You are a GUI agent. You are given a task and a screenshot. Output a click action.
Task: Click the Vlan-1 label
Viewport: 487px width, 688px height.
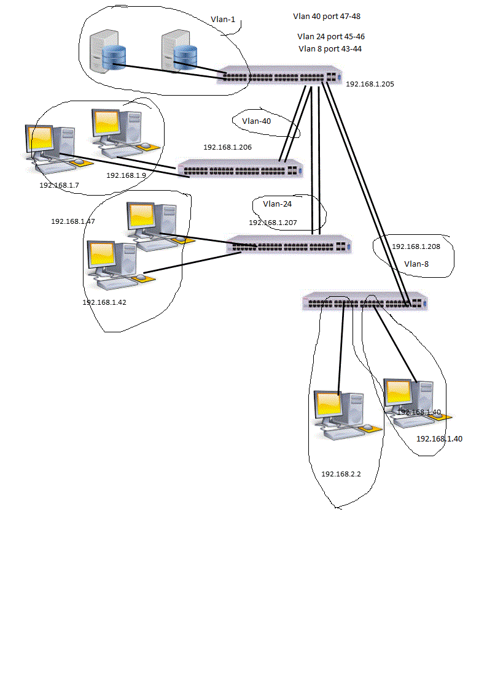[x=223, y=20]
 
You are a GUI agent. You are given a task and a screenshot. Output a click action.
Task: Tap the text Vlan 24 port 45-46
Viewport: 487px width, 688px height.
[x=331, y=37]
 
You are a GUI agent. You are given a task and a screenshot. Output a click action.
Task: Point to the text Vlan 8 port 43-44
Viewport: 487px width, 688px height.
[x=330, y=49]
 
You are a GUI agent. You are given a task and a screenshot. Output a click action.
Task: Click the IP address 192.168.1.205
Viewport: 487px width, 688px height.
[x=370, y=84]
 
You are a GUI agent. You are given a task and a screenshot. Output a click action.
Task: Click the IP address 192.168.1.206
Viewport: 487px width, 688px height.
[x=227, y=147]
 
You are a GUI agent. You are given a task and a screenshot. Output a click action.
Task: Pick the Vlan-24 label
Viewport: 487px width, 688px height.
[x=277, y=204]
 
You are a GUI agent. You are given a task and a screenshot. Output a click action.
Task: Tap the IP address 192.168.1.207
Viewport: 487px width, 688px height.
[x=273, y=223]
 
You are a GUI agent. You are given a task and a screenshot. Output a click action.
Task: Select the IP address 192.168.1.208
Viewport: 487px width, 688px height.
[x=416, y=247]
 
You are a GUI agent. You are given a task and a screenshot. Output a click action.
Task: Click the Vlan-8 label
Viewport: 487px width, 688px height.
[x=417, y=264]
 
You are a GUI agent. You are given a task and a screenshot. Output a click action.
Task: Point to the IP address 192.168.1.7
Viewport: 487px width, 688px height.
[x=59, y=185]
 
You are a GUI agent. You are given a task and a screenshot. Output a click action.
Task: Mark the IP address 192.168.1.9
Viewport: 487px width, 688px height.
[x=126, y=175]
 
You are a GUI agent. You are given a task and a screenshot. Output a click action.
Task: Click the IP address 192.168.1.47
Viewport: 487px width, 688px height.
[x=72, y=221]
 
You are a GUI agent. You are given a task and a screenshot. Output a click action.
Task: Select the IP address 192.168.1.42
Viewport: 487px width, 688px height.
[x=104, y=302]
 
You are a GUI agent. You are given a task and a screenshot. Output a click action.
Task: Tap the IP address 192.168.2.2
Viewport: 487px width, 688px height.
[x=341, y=474]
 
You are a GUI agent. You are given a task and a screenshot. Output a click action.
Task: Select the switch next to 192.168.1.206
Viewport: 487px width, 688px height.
[x=240, y=169]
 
